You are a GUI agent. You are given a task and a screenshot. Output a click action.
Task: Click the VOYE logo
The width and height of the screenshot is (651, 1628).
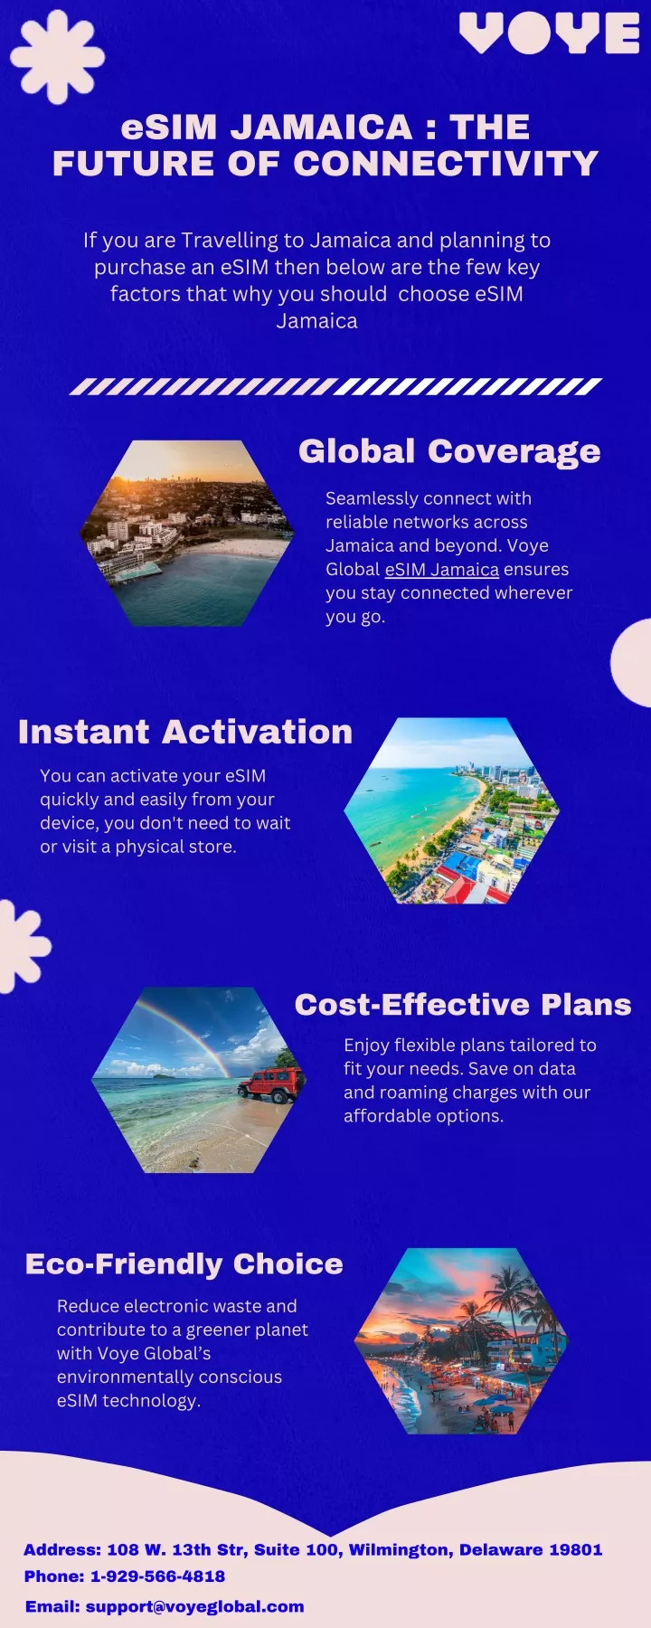coord(549,33)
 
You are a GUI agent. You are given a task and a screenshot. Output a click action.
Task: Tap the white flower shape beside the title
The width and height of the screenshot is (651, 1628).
coord(58,57)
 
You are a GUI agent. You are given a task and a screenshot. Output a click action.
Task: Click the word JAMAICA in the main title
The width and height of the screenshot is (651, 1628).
coord(321,127)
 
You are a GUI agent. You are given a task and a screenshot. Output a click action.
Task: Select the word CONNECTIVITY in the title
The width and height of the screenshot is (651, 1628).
coord(446,164)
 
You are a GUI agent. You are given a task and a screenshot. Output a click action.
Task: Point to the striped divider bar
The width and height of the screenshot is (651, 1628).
coord(335,386)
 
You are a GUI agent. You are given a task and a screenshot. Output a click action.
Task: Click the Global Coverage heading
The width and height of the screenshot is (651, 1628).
coord(449,451)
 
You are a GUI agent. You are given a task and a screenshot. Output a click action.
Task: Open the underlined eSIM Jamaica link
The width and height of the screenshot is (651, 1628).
coord(442,569)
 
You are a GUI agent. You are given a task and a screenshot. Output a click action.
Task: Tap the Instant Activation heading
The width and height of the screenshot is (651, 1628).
coord(185,732)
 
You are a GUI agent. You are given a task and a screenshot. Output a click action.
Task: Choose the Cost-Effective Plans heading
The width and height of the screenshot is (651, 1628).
coord(463,1005)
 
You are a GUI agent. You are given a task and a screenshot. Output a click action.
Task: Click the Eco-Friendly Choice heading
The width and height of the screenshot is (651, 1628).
coord(184,1264)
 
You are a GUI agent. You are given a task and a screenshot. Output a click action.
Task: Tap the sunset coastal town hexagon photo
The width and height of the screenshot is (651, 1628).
coord(187,534)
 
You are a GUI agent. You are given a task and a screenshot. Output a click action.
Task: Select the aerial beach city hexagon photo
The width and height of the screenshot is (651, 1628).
coord(452,810)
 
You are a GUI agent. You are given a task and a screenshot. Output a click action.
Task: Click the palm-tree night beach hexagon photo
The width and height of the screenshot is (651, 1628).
coord(461,1340)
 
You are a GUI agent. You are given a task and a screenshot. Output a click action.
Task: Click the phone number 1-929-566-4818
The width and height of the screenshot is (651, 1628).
coord(157,1576)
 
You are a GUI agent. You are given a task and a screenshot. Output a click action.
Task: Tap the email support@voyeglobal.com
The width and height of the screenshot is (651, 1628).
coord(194,1606)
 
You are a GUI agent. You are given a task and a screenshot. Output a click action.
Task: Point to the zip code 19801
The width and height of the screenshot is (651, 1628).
coord(575,1549)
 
